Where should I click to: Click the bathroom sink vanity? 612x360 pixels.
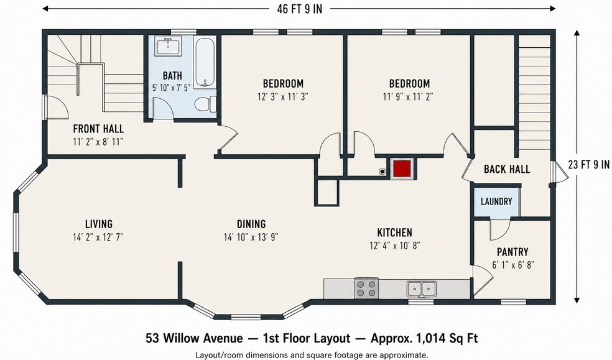[168, 46]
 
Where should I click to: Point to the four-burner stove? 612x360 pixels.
[366, 288]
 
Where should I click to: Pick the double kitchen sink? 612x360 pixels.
[421, 289]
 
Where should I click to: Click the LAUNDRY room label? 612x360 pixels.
[496, 201]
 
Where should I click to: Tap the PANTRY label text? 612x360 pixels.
[512, 252]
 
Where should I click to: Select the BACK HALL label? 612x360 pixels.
[507, 169]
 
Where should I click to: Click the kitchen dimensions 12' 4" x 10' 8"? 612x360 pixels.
[394, 246]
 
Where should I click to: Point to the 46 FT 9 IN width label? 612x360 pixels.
[299, 9]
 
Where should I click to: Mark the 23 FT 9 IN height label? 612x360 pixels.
[588, 165]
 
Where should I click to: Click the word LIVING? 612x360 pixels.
[99, 224]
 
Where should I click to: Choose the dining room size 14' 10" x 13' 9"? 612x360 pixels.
[251, 237]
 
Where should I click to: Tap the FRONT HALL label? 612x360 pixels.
[98, 129]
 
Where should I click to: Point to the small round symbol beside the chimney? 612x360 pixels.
[382, 171]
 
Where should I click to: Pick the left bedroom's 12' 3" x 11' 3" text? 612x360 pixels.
[283, 96]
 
